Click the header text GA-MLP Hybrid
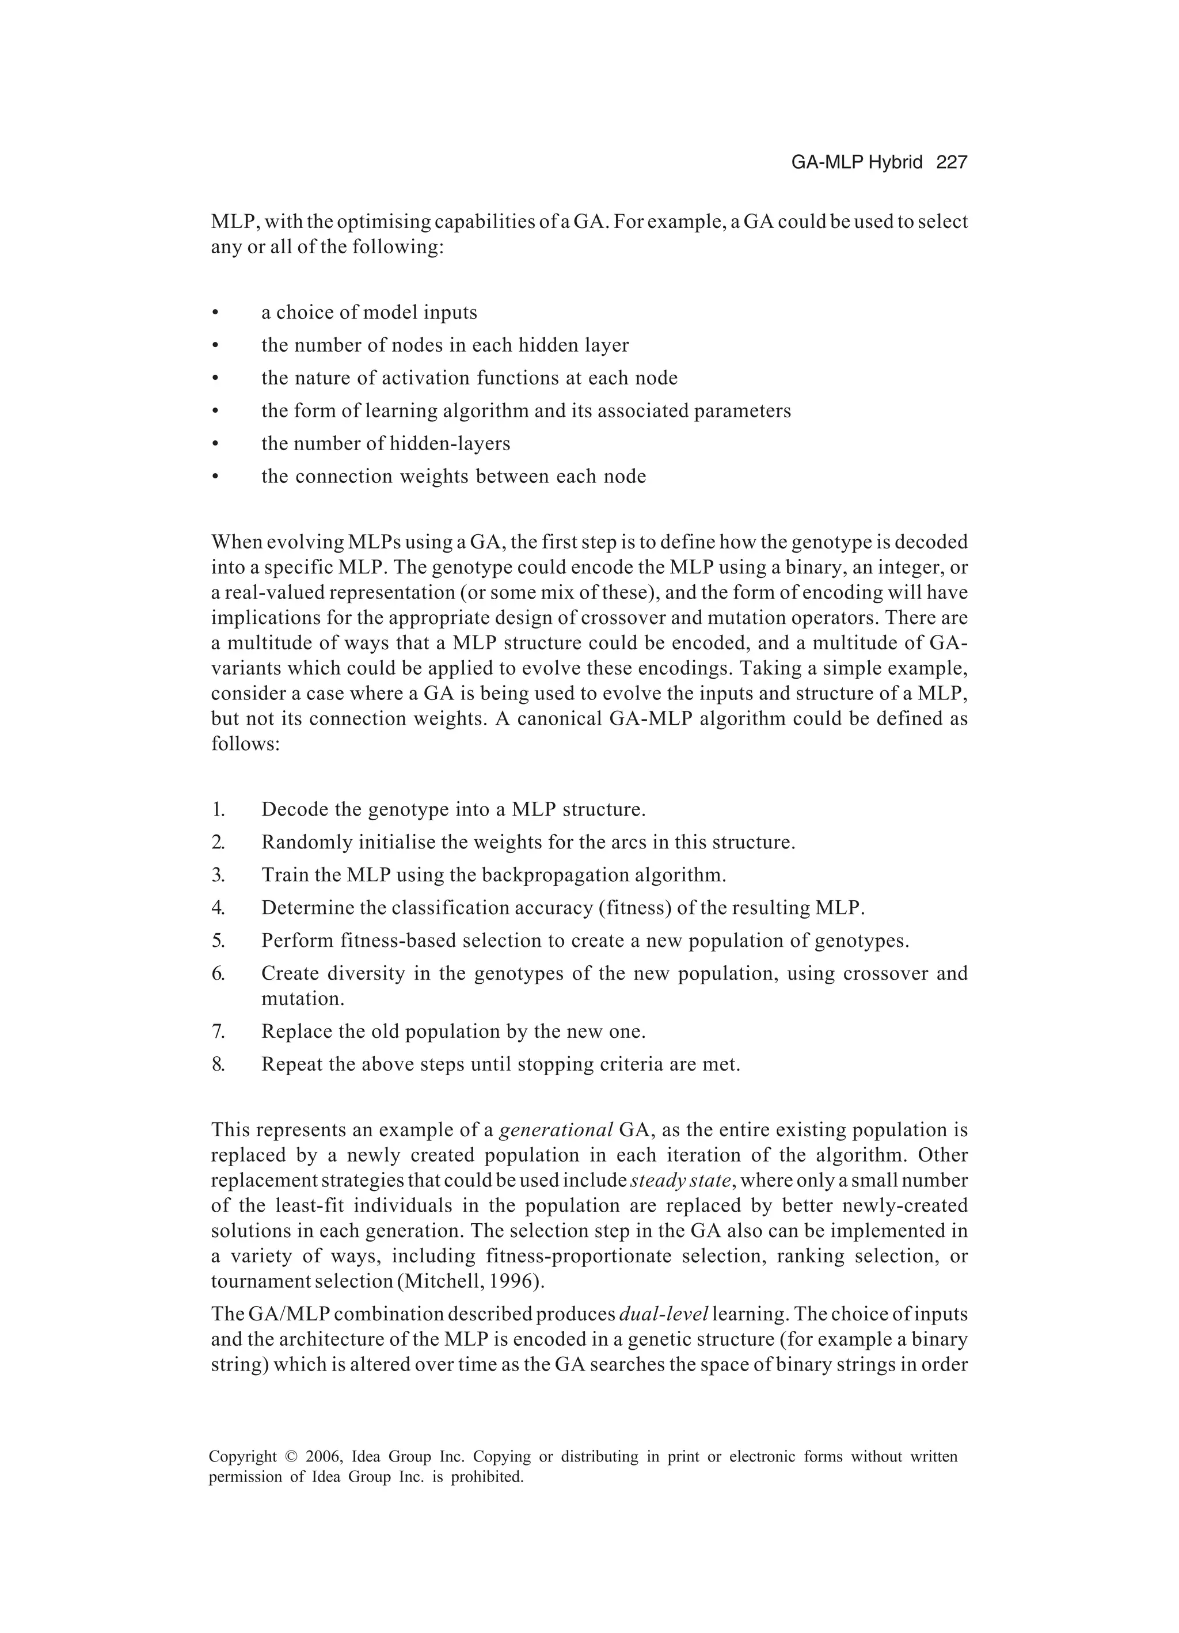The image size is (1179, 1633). pyautogui.click(x=857, y=163)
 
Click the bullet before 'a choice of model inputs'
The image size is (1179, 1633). pyautogui.click(x=215, y=313)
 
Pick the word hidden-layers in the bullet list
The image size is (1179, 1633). pyautogui.click(x=450, y=444)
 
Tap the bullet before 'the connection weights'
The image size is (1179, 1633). pyautogui.click(x=215, y=477)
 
